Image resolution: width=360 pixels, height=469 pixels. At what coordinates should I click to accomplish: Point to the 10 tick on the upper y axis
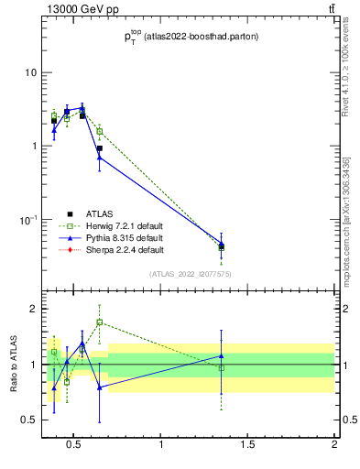click(32, 72)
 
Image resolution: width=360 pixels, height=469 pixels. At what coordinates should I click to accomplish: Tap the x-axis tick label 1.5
click(247, 445)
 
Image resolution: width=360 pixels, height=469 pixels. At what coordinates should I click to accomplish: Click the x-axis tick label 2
click(334, 445)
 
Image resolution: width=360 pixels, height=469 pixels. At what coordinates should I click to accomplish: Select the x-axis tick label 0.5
click(74, 445)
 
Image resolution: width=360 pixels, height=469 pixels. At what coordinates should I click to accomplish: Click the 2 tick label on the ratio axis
click(34, 309)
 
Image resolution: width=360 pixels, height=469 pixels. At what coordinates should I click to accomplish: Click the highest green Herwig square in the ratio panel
click(99, 322)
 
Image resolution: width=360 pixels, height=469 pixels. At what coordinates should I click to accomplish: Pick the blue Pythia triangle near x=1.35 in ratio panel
click(221, 355)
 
